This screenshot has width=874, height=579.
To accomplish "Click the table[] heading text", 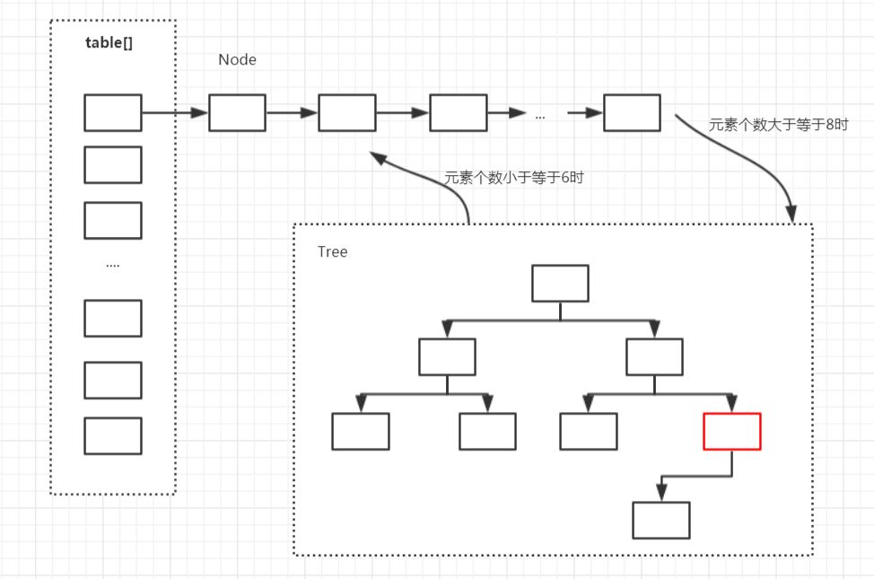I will click(109, 43).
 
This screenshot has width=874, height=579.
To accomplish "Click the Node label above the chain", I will click(237, 60).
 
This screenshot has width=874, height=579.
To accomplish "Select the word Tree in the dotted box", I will click(332, 251).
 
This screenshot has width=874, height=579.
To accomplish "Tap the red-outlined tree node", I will click(732, 431).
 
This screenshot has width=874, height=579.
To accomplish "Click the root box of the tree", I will click(560, 284).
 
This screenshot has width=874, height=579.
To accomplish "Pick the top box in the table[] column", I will click(113, 112).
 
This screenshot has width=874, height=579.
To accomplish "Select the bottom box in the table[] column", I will click(113, 435).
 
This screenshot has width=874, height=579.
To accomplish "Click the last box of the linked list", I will click(632, 112).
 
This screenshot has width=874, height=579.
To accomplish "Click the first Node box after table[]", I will click(237, 112).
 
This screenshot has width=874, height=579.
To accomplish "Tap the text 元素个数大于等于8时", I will click(778, 125).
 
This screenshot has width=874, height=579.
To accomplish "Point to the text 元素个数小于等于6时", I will click(513, 178).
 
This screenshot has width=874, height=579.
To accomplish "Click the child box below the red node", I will click(661, 520).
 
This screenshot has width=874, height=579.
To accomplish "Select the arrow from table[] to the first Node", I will click(175, 113).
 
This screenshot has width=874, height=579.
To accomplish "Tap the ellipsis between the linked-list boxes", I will click(539, 116).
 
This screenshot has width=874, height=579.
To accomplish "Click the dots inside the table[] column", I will click(113, 266).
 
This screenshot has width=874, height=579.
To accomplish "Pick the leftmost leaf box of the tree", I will click(361, 431).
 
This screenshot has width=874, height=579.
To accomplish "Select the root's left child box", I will click(447, 356).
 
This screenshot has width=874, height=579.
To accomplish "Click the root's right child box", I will click(654, 356).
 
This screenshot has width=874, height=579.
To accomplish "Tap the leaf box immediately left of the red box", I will click(589, 431).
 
